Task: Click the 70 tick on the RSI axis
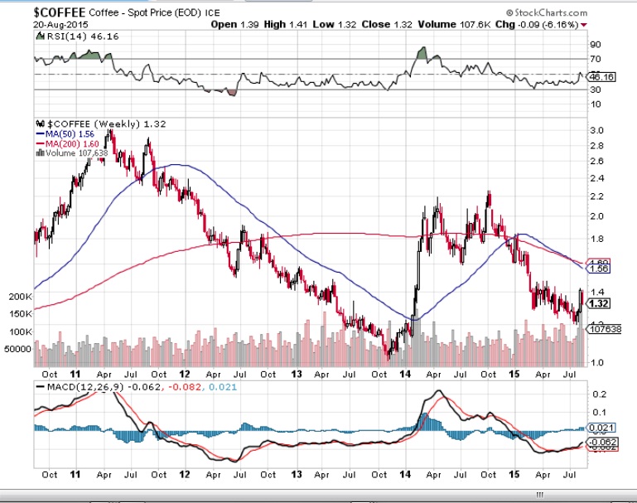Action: tap(595, 59)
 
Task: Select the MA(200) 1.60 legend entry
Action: tap(67, 143)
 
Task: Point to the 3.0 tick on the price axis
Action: tap(595, 130)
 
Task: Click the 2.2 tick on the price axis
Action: tap(595, 197)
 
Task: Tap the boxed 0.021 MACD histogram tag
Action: tap(602, 428)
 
